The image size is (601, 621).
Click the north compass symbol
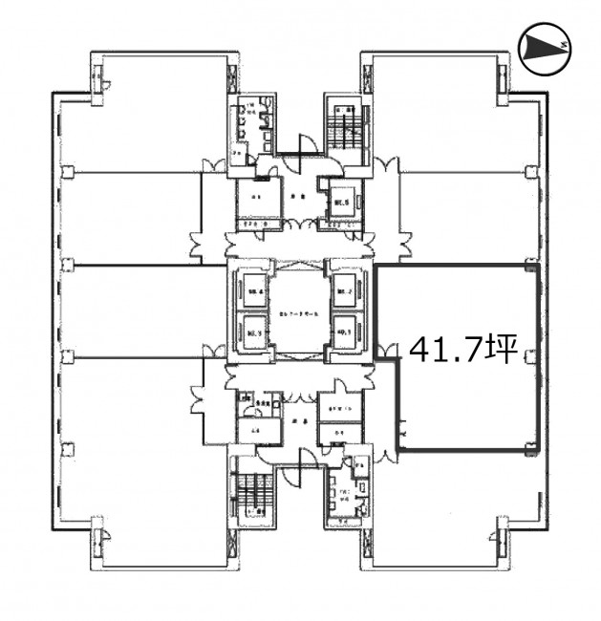(545, 47)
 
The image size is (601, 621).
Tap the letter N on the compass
(565, 45)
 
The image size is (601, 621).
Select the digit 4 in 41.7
(419, 352)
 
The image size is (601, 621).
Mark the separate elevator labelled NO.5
(342, 202)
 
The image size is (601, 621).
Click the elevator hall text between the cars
(299, 312)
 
